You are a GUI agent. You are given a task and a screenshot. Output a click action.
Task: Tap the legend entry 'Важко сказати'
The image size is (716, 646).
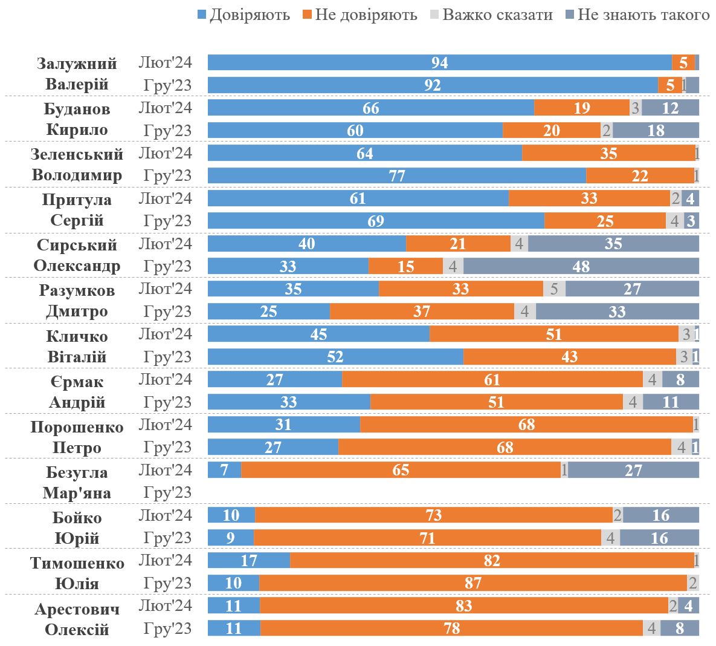coord(497,15)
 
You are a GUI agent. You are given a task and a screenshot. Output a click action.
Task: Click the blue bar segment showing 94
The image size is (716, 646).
coord(439,62)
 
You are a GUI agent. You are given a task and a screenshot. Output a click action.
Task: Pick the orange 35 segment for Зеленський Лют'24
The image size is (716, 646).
coord(608,153)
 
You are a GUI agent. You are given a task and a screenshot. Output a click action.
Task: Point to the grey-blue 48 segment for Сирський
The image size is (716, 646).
coord(581,266)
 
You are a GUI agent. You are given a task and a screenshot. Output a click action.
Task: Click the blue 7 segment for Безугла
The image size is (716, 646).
coord(224,470)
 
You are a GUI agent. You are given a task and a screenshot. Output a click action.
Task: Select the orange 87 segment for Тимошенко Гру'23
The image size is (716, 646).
coord(472,583)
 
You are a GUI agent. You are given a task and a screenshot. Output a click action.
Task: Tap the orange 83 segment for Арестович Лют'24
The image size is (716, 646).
coord(463,605)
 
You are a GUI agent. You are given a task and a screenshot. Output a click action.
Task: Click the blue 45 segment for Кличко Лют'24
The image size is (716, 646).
coord(318,334)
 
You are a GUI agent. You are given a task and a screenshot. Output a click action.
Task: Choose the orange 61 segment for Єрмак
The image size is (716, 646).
coord(492,379)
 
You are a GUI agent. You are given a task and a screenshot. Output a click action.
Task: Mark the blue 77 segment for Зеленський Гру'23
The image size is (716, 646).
coord(396,175)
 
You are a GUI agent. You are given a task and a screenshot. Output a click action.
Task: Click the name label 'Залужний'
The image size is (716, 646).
coord(77,64)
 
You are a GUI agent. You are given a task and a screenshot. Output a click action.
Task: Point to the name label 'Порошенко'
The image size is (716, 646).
coord(77,427)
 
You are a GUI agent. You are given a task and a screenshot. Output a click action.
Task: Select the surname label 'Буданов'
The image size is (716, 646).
coord(77,109)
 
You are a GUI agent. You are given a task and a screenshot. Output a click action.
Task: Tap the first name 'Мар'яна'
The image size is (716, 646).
coord(77,493)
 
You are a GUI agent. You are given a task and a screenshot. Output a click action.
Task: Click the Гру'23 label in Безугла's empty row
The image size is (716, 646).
coord(167,492)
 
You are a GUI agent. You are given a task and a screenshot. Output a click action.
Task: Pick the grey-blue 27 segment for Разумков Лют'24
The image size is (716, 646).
coord(632,289)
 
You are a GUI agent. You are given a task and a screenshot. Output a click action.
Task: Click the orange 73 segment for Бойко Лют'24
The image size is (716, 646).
coord(433,515)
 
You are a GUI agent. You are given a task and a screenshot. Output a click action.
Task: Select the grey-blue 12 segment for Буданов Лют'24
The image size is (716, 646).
coord(670,108)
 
